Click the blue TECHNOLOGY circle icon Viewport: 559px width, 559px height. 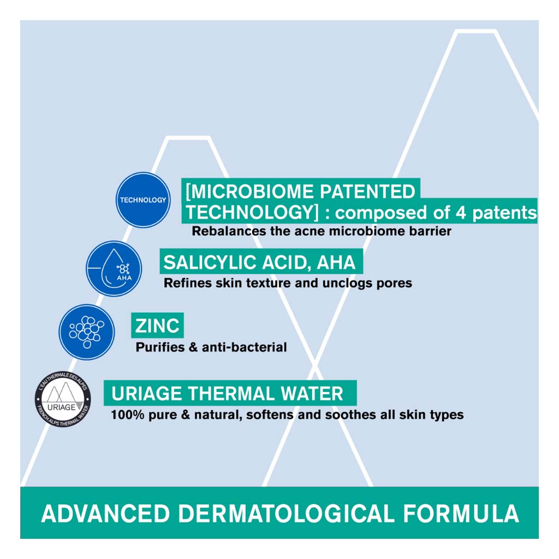click(143, 200)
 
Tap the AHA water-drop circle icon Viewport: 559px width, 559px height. click(114, 269)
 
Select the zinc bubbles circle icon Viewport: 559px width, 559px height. click(87, 331)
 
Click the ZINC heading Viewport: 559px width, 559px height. click(158, 326)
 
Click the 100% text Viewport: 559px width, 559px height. click(128, 415)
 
